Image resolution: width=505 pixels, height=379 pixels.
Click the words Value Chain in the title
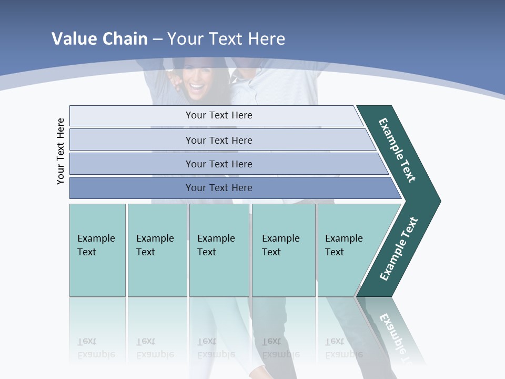(99, 38)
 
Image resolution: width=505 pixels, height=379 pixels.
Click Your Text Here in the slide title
(226, 38)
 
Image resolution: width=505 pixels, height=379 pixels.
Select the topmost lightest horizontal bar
(218, 115)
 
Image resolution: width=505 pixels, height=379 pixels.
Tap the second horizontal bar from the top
(218, 140)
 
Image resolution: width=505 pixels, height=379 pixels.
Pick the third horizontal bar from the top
(218, 164)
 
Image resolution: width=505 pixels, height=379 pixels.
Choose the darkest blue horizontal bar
(218, 188)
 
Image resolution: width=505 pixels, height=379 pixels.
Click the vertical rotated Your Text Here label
(60, 151)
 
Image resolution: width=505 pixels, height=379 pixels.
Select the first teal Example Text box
(97, 250)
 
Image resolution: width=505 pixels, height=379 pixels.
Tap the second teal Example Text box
(157, 250)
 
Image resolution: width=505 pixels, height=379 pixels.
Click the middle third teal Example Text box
(219, 250)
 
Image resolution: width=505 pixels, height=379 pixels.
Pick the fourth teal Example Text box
(283, 250)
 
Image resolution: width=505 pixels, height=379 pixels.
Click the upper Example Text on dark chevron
(398, 150)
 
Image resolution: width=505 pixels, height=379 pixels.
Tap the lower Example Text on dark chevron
(399, 249)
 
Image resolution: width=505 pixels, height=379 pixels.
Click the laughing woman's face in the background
(196, 79)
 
